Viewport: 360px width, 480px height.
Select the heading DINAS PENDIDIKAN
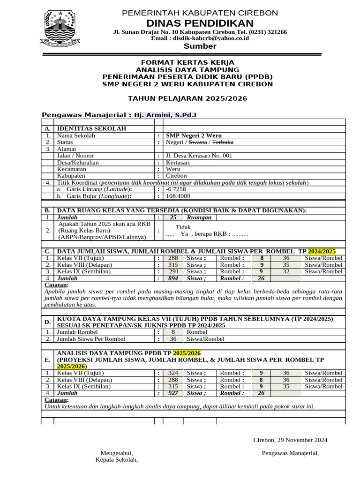click(x=200, y=23)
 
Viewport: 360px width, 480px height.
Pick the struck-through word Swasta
click(x=197, y=142)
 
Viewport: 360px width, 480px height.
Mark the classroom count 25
click(x=173, y=217)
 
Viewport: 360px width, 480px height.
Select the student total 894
click(x=173, y=278)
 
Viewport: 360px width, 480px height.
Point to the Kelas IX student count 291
click(x=173, y=271)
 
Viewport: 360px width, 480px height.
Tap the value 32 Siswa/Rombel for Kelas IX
click(x=286, y=271)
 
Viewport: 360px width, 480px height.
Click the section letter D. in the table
click(x=47, y=322)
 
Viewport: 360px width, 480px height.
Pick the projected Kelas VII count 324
click(x=173, y=373)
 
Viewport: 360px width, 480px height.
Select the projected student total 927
click(x=173, y=393)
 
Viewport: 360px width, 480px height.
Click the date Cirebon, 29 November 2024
click(x=290, y=440)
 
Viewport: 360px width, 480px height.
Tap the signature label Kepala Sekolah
click(x=117, y=460)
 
